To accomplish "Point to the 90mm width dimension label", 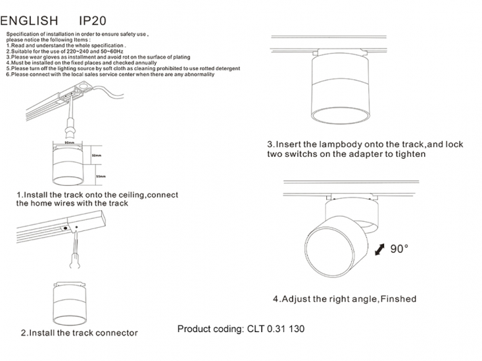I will [x=69, y=142].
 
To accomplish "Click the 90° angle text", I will [x=399, y=249].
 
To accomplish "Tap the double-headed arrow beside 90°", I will [x=379, y=251].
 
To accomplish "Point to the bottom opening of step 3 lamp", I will [x=339, y=117].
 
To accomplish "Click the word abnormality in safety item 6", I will [x=195, y=74].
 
